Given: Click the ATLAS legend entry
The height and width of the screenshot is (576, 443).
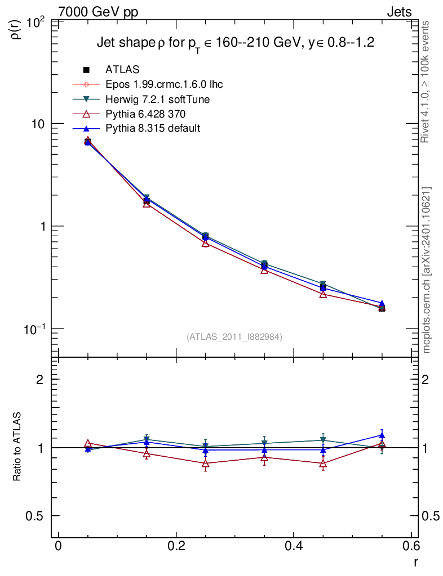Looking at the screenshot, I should coord(122,70).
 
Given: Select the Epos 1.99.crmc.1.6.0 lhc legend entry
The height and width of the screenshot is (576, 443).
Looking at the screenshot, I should coord(164,84).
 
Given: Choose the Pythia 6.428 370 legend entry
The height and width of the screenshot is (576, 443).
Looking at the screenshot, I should coord(148,114).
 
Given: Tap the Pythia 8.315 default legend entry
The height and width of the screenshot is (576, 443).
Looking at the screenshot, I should coord(152,128).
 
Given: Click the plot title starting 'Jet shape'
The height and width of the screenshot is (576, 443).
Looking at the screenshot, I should coord(236,43).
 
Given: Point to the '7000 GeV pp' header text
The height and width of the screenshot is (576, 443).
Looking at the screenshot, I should coord(98,12).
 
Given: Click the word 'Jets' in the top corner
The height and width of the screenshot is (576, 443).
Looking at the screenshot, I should coord(398,12).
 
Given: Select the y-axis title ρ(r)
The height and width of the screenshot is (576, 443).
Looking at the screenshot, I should coord(16,29).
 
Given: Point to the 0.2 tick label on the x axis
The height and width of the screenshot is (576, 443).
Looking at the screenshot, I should coord(176,546).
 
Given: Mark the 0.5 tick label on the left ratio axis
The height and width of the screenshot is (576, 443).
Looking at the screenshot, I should coord(38,516).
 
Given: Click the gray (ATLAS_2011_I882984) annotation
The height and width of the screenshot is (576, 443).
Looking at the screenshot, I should coord(234,336).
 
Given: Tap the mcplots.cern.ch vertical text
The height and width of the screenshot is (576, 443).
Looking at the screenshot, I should coord(426,270).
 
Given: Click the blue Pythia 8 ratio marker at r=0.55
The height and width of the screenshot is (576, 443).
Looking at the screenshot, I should coord(382,435).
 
